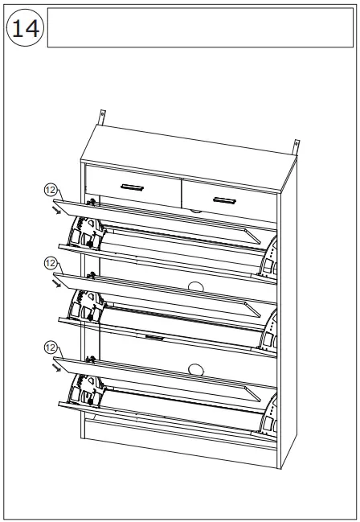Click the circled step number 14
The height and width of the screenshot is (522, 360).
point(25,28)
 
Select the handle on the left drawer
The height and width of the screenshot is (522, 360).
point(131,187)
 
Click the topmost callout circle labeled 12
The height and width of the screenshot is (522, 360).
point(51,190)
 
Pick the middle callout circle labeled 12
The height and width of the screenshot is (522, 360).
point(51,263)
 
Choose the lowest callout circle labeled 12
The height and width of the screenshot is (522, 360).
point(51,347)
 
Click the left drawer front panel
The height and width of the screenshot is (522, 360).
point(133,186)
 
